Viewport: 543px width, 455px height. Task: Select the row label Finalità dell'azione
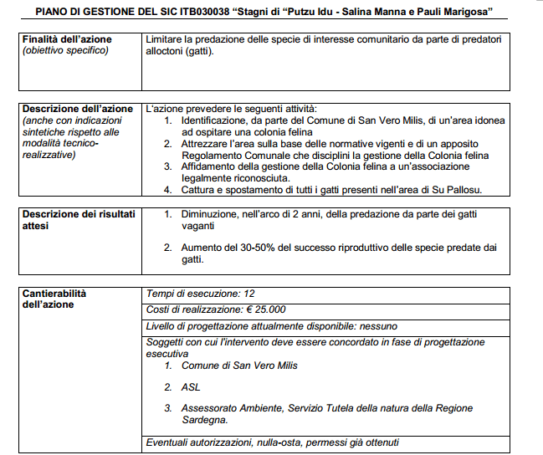(x=67, y=39)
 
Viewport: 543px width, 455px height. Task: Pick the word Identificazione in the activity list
(x=218, y=120)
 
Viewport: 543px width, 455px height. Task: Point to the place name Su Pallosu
(x=459, y=190)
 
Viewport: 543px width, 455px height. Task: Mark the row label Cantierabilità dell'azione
(x=54, y=299)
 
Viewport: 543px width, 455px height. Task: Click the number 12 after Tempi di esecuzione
(x=248, y=294)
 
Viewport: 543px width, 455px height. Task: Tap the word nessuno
(x=379, y=325)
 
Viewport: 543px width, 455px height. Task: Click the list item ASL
(x=190, y=387)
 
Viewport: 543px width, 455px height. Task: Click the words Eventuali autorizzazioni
(x=202, y=442)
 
